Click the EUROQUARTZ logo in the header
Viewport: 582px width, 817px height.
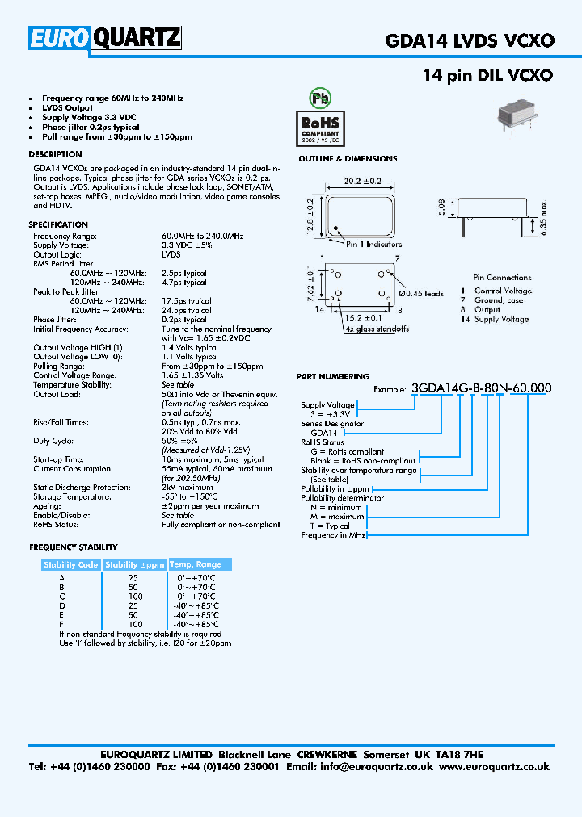[x=105, y=39]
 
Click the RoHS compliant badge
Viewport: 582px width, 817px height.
[x=323, y=128]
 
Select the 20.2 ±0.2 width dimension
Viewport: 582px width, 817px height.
[x=360, y=182]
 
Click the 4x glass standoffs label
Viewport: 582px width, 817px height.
[x=377, y=329]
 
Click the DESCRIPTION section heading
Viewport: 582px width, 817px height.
[x=55, y=154]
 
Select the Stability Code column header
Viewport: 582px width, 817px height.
[x=71, y=565]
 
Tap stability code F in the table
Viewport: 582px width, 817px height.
[x=62, y=625]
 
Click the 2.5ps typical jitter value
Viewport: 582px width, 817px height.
[x=184, y=273]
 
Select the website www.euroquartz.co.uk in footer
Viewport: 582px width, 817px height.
[x=495, y=767]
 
